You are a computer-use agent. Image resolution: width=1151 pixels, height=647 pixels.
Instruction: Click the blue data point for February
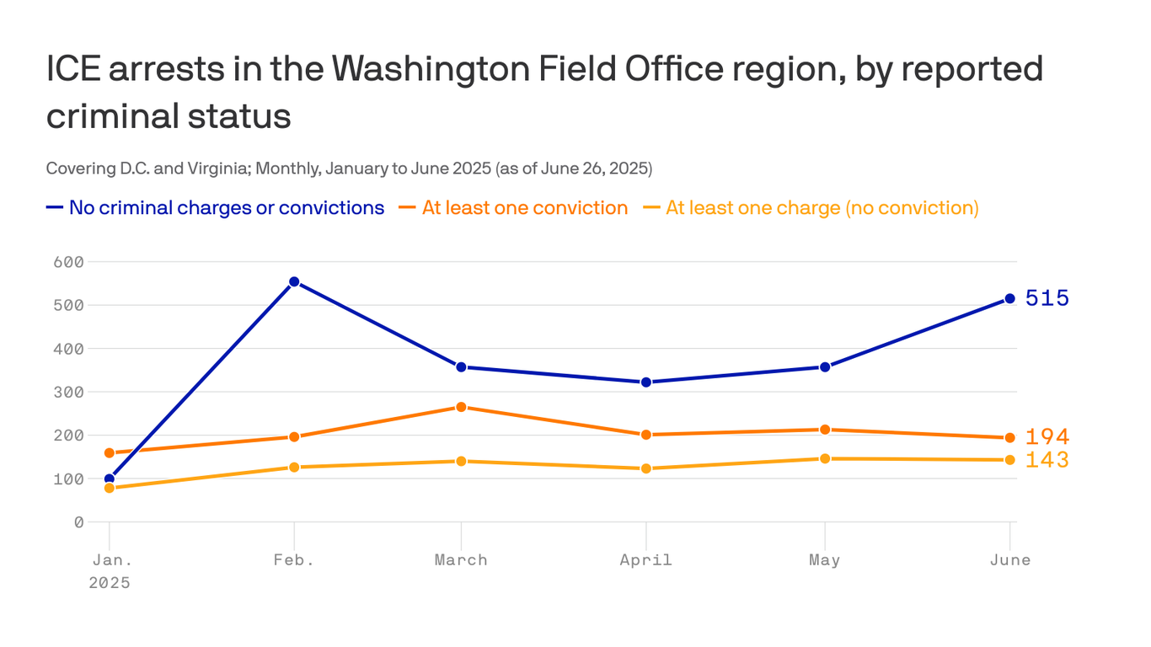click(x=294, y=281)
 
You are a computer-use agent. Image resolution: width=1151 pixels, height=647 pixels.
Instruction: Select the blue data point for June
click(x=1009, y=298)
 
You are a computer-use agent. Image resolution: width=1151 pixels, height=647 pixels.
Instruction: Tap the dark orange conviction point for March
click(x=461, y=407)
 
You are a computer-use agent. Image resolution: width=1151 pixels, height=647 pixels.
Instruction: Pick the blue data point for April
click(x=646, y=382)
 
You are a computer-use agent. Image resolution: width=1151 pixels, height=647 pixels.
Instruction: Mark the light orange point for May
click(x=825, y=458)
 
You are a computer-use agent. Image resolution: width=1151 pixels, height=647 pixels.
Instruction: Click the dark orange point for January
click(x=110, y=452)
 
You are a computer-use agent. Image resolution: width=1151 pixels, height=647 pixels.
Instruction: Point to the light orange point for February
click(x=294, y=467)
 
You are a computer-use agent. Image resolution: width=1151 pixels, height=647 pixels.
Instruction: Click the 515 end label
click(x=1047, y=298)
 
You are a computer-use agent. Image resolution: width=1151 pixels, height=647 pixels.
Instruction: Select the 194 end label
click(x=1047, y=437)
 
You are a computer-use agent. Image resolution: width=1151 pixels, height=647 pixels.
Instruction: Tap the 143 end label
click(x=1047, y=460)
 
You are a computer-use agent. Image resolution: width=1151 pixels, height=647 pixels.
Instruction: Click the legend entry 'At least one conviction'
click(x=525, y=207)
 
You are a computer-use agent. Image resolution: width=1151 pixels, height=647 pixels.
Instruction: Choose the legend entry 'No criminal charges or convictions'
click(x=227, y=207)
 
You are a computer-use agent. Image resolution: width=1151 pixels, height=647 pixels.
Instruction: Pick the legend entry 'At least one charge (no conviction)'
click(x=822, y=207)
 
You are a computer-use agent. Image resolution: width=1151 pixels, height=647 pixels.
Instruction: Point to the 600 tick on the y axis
click(x=68, y=262)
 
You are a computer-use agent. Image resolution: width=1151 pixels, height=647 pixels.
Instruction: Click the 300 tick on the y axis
click(x=68, y=392)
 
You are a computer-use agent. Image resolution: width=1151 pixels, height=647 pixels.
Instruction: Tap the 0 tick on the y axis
click(x=78, y=522)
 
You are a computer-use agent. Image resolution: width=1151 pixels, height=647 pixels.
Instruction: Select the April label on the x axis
click(x=646, y=560)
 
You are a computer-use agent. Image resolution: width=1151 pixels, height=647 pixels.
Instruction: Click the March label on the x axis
click(x=461, y=559)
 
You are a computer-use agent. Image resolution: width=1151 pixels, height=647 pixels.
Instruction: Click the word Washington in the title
click(x=431, y=69)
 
